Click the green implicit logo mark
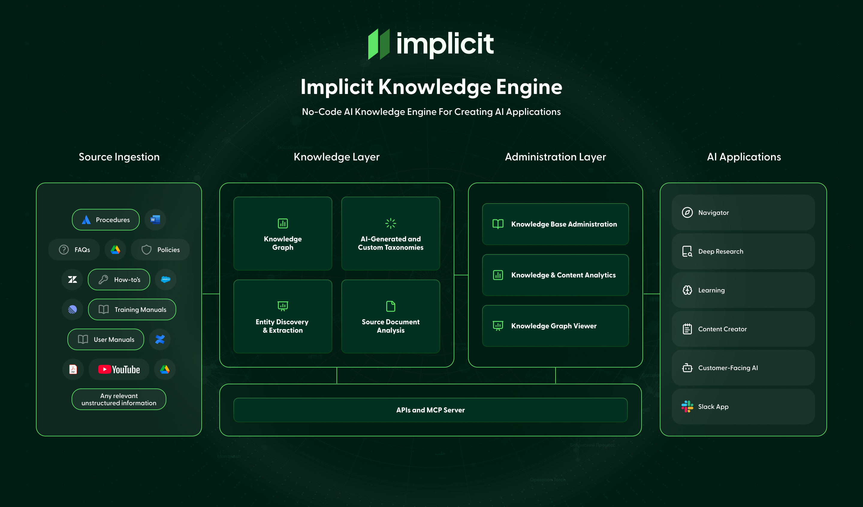[379, 44]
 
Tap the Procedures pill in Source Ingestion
[105, 220]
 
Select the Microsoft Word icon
[155, 220]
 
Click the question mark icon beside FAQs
[64, 250]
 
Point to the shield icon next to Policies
[146, 250]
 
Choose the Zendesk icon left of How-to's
[72, 280]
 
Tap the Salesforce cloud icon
[166, 280]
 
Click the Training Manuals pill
[132, 309]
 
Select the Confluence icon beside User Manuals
[160, 339]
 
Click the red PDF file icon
[73, 369]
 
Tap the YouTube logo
[119, 369]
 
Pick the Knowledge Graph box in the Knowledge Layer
[283, 234]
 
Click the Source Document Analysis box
[390, 316]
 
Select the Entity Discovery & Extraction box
[283, 316]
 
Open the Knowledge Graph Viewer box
[555, 326]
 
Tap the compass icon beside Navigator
[687, 212]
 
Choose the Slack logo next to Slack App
[687, 406]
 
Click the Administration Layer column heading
[555, 157]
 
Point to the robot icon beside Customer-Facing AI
[687, 368]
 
